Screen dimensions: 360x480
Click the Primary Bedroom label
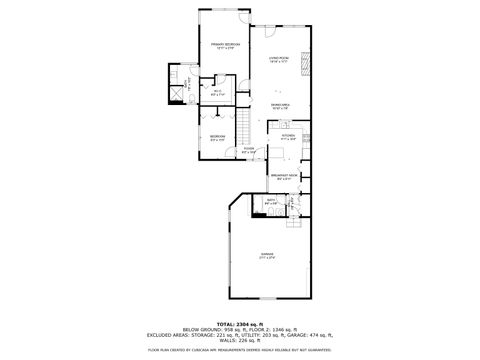point(224,46)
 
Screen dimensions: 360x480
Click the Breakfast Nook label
point(283,177)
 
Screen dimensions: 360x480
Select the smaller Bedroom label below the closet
point(216,137)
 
